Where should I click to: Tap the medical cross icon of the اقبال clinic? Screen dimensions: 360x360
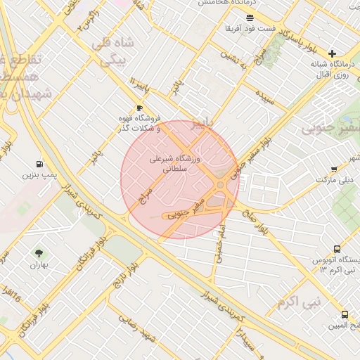(x=332, y=53)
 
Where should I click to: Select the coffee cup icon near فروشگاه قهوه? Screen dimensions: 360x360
(x=139, y=108)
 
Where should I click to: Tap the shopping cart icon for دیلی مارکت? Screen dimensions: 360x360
(x=335, y=169)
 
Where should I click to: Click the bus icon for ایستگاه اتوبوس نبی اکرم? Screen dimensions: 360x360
(x=337, y=249)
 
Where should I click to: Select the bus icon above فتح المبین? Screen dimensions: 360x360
(x=345, y=314)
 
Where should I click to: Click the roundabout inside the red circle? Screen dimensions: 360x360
(x=221, y=184)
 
